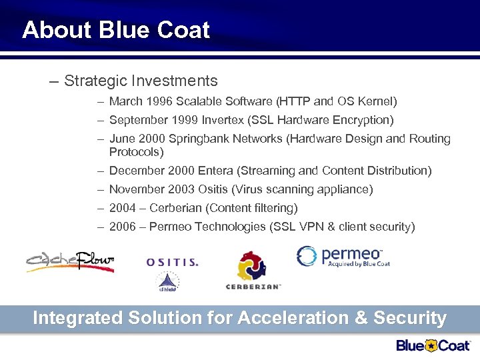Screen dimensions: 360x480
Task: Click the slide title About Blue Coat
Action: tap(115, 30)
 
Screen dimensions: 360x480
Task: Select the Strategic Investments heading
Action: tap(141, 81)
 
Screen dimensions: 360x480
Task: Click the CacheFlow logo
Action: tap(71, 259)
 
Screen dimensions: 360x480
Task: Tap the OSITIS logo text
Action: tap(172, 263)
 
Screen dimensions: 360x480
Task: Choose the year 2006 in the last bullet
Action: tap(123, 227)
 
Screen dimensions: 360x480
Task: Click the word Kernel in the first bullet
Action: tap(375, 101)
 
